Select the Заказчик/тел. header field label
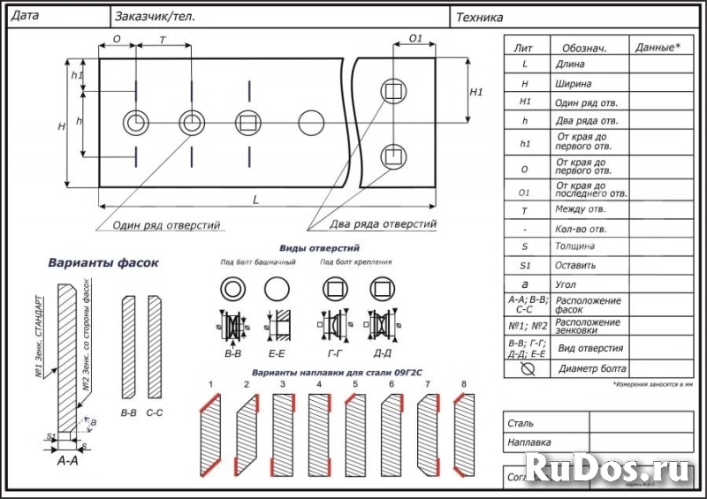point(155,16)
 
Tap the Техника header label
point(481,17)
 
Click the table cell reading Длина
point(570,64)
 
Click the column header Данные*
point(658,47)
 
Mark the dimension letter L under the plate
point(256,200)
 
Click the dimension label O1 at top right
point(416,40)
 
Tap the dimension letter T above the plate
point(163,41)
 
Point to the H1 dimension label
point(476,92)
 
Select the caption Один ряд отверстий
point(166,225)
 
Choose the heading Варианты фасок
point(103,263)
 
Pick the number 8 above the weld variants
point(463,384)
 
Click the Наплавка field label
point(529,441)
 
